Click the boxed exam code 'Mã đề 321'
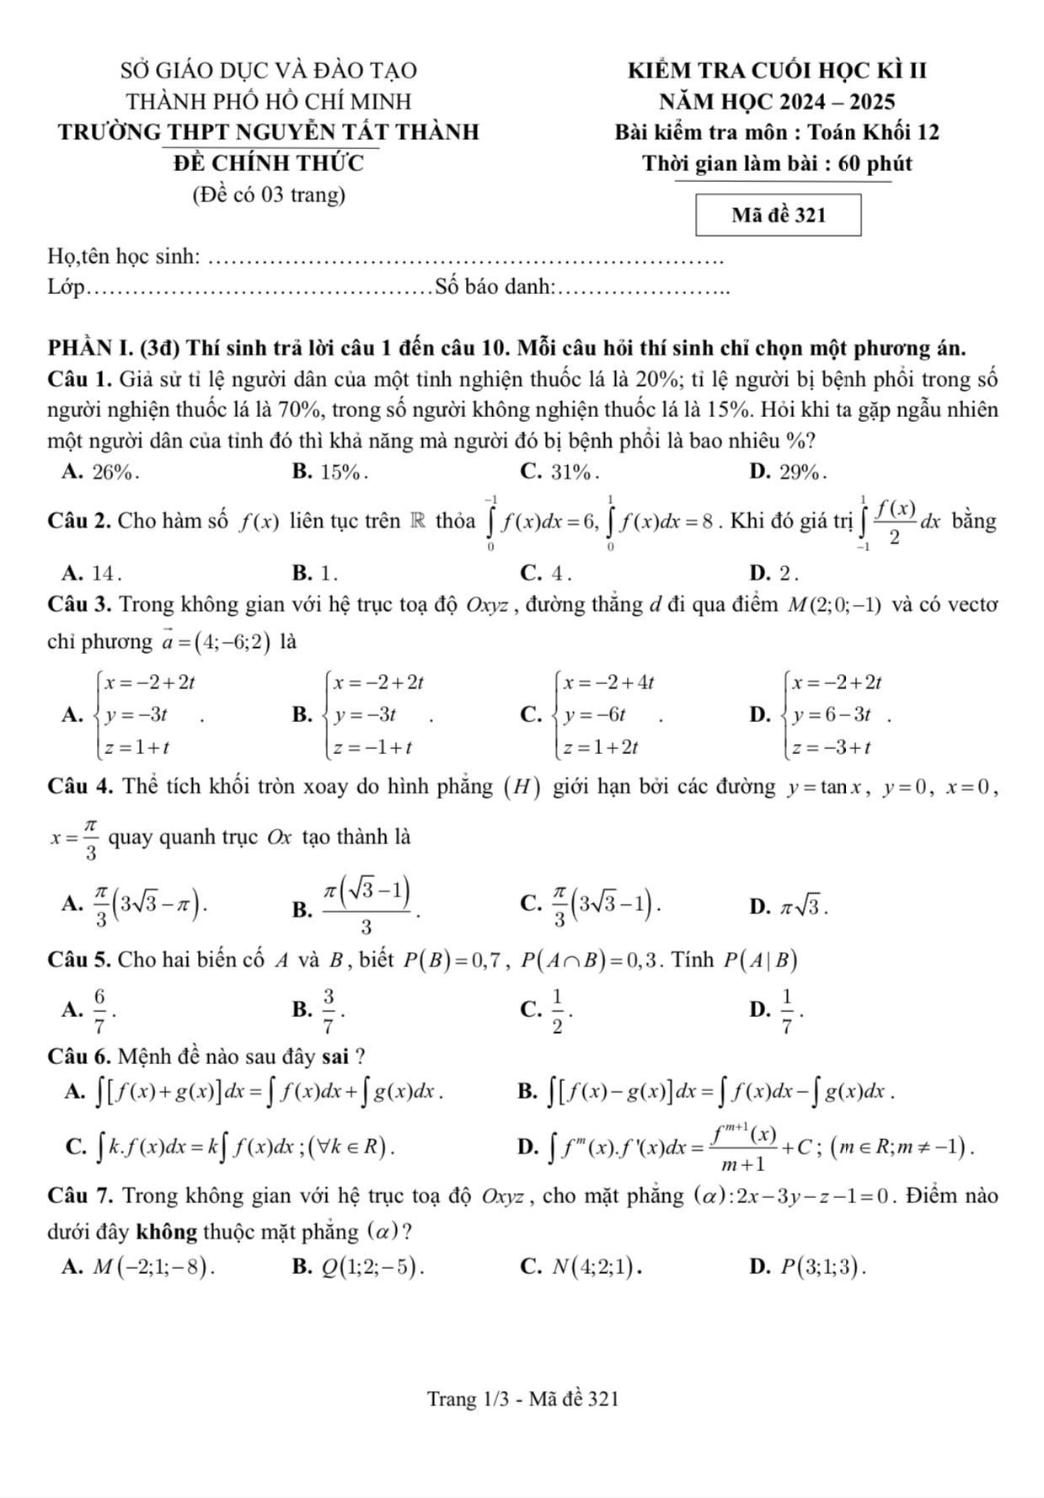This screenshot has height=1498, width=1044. click(778, 216)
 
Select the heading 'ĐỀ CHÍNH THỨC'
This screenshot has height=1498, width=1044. click(269, 163)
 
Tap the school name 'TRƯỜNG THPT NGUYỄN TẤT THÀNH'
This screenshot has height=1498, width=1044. click(269, 132)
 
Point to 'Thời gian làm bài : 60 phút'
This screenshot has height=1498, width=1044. click(776, 163)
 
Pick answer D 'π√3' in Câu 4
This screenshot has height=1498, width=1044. click(802, 907)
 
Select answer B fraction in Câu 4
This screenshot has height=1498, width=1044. click(367, 906)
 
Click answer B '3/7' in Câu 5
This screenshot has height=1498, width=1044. click(328, 1009)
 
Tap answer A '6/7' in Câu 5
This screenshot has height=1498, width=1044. click(99, 1009)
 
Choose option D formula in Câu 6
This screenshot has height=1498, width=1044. click(757, 1147)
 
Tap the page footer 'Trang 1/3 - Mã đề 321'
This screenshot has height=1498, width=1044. click(522, 1399)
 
